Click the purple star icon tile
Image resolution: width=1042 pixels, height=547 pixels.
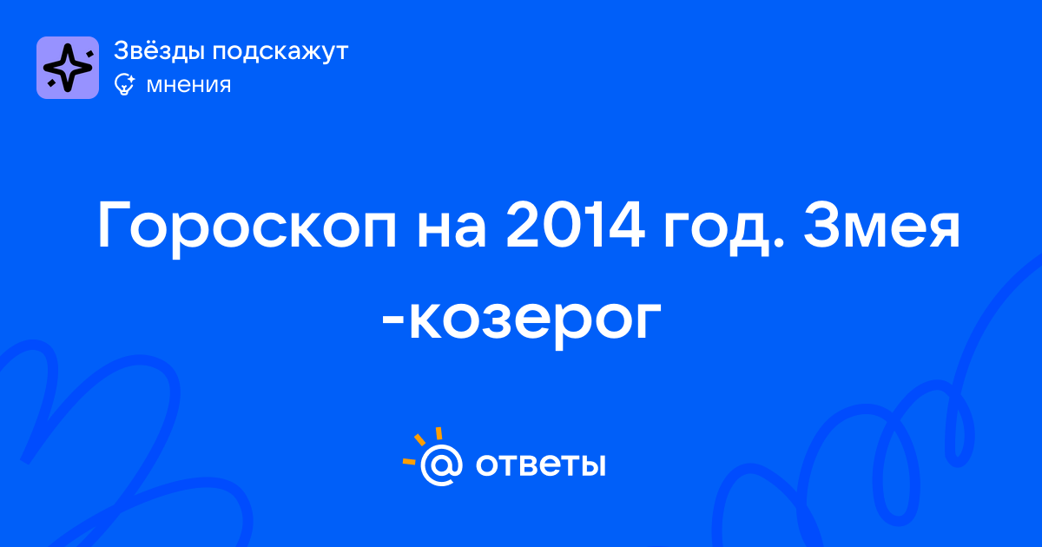pyautogui.click(x=68, y=68)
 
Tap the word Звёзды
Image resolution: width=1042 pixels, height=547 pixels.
pyautogui.click(x=159, y=51)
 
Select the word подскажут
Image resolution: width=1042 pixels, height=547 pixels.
pyautogui.click(x=280, y=52)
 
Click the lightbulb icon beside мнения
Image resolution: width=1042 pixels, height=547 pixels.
pyautogui.click(x=124, y=84)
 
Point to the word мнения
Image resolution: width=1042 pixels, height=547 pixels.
pyautogui.click(x=188, y=85)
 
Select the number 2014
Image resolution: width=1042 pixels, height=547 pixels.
pyautogui.click(x=575, y=226)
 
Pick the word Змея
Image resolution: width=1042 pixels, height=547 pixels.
pyautogui.click(x=881, y=226)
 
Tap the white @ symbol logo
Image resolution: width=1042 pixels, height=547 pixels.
pyautogui.click(x=441, y=465)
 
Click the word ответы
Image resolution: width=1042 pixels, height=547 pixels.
pyautogui.click(x=540, y=465)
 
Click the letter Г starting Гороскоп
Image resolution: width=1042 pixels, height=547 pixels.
pyautogui.click(x=112, y=226)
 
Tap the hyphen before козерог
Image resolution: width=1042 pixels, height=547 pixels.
pyautogui.click(x=393, y=322)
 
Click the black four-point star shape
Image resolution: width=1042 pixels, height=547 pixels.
pyautogui.click(x=68, y=68)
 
